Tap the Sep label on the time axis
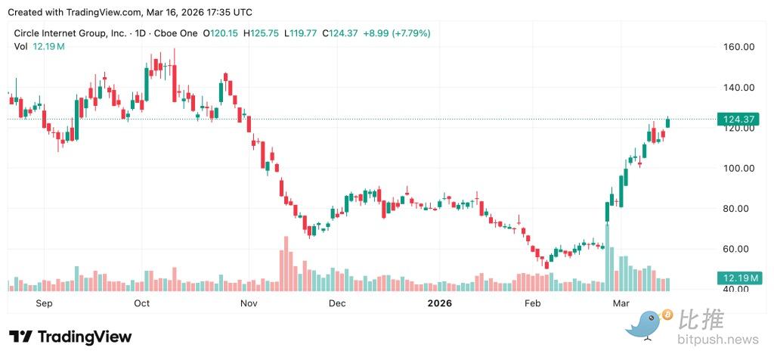pos(45,303)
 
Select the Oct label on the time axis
pos(141,303)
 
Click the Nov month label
pos(249,303)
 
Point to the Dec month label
pos(337,303)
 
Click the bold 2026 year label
pos(439,303)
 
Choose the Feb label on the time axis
pos(533,303)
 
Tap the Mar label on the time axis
pos(621,303)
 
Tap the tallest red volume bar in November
pos(286,264)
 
